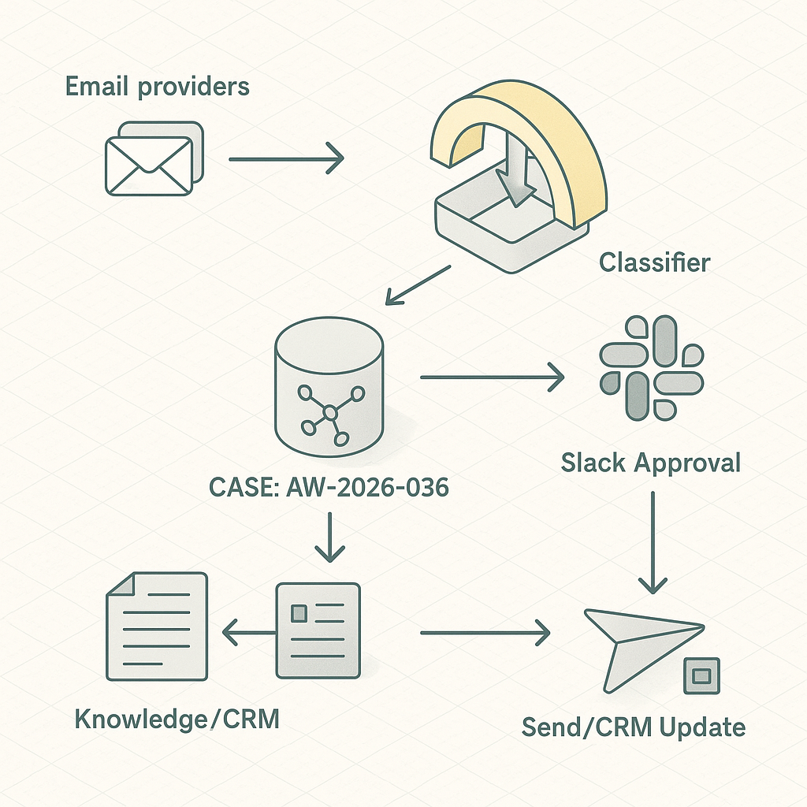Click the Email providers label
coord(158,87)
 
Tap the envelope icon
coord(154,158)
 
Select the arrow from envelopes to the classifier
coord(286,159)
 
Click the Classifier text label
coord(655,262)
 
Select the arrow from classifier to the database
coord(418,285)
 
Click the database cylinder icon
coord(329,386)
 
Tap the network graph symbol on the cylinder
coord(330,414)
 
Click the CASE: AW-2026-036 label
coord(329,487)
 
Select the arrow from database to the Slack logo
coord(493,377)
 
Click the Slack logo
coord(652,368)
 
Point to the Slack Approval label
coord(650,463)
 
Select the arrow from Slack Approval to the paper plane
coord(653,542)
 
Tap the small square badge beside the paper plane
coord(701,675)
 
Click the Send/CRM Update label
coord(634,727)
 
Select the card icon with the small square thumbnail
coord(318,630)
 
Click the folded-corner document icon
coord(157,627)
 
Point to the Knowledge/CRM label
coord(177,719)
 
